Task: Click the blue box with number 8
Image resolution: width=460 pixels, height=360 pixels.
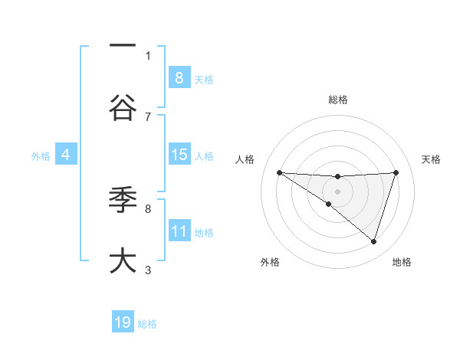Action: (x=179, y=78)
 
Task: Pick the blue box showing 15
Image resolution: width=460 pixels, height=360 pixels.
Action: (x=179, y=155)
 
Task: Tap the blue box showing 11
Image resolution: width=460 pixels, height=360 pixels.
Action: (x=179, y=231)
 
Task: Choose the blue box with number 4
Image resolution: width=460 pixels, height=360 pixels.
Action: (x=66, y=155)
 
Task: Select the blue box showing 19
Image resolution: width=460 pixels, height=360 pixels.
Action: (x=123, y=322)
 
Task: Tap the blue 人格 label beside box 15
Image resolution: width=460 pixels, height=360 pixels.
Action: (x=204, y=156)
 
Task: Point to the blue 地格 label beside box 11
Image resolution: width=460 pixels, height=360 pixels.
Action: (x=204, y=233)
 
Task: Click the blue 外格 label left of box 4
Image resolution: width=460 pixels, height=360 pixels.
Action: (x=41, y=156)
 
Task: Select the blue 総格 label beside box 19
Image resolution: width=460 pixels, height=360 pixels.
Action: (x=147, y=324)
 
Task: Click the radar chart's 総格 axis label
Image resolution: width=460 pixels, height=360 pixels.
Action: (x=337, y=100)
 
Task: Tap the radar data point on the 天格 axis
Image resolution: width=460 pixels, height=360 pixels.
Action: (x=396, y=172)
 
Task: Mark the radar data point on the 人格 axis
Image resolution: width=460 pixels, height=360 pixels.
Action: (x=279, y=172)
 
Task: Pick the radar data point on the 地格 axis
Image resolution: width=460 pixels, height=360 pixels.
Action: (x=373, y=241)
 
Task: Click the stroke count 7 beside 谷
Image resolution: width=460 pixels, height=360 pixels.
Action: (x=148, y=116)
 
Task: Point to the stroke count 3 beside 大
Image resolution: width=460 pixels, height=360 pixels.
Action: (x=148, y=270)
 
